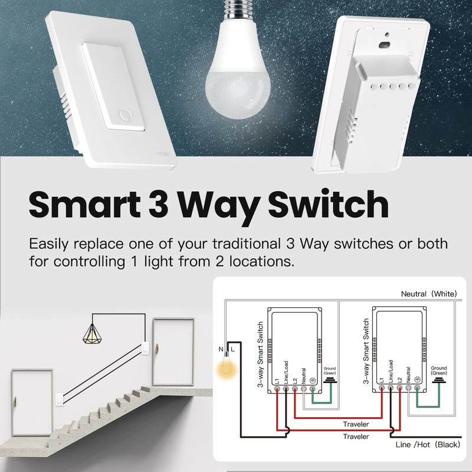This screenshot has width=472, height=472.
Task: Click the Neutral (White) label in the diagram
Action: pyautogui.click(x=429, y=294)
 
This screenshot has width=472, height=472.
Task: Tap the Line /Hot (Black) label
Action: pyautogui.click(x=428, y=444)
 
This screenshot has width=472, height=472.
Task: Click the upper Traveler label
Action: pyautogui.click(x=356, y=424)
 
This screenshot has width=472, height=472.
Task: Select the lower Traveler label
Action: pyautogui.click(x=356, y=437)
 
